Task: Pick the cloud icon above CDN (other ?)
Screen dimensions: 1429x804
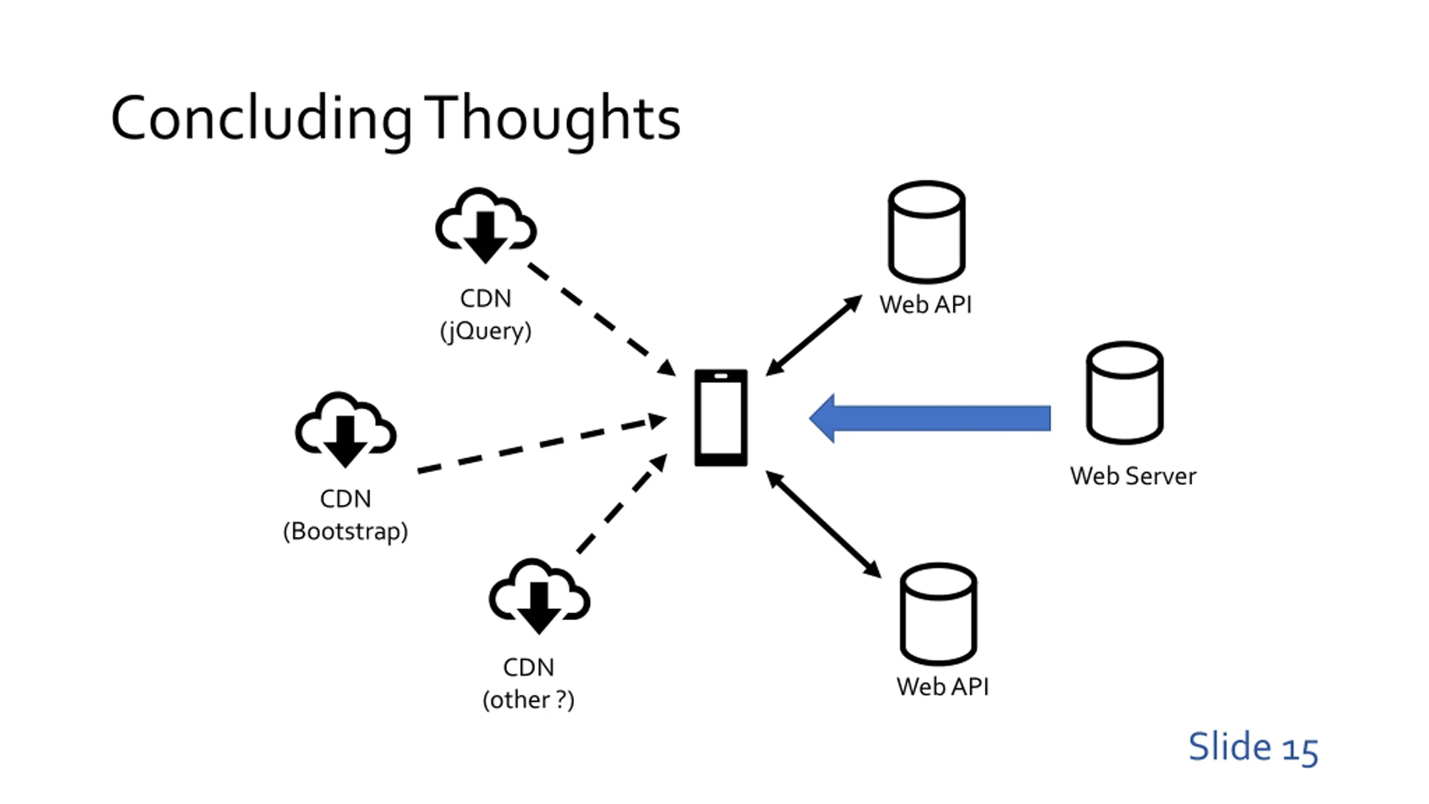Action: tap(539, 596)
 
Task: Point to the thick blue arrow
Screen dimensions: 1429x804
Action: tap(930, 418)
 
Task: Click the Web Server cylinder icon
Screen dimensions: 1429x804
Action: tap(1125, 393)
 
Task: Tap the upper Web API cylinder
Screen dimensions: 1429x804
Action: tap(927, 232)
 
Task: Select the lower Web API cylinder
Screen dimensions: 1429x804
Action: tap(938, 614)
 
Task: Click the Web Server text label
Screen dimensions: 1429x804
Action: tap(1133, 476)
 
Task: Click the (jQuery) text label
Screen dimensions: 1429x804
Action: tap(486, 331)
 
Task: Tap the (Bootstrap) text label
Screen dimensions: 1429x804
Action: tap(346, 532)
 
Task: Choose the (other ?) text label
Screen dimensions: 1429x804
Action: tap(529, 700)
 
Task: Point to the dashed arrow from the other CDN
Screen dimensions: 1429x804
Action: tap(622, 504)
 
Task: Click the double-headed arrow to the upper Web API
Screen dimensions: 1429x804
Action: tap(814, 336)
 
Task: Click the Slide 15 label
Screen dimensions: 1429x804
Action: tap(1253, 747)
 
